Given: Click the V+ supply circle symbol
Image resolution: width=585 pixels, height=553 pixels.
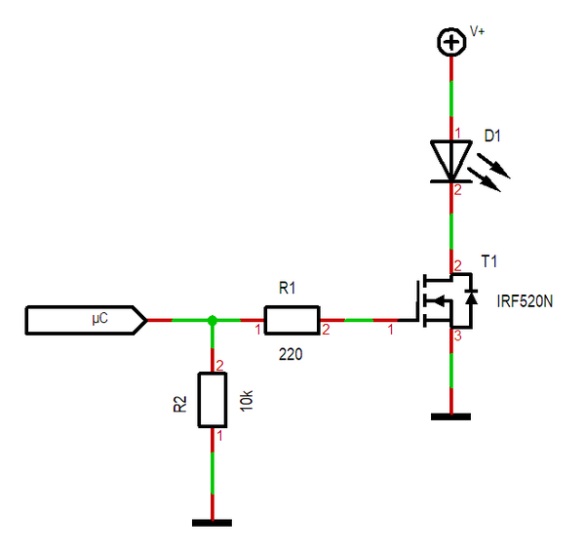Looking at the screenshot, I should [x=450, y=42].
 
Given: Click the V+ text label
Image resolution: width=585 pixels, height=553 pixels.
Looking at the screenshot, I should [x=478, y=31].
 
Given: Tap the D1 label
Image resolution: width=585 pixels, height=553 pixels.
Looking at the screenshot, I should [x=492, y=137].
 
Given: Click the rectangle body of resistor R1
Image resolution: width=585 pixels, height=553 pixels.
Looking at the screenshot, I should [x=291, y=320].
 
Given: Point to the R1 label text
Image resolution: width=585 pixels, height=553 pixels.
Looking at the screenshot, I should [x=287, y=289].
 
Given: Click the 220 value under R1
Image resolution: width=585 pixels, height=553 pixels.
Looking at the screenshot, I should [x=290, y=355].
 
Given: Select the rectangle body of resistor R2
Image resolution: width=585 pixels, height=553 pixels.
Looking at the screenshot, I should [x=213, y=399].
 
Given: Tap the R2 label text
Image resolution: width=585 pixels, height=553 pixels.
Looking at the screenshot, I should [x=179, y=404].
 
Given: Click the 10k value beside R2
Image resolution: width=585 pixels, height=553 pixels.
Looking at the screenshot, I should [x=248, y=400].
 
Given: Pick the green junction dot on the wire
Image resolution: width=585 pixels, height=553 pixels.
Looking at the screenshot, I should [x=213, y=320].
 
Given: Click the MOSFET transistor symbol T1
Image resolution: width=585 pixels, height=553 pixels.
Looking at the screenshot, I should [x=448, y=301].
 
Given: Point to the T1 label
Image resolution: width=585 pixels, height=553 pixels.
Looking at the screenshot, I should [x=489, y=261].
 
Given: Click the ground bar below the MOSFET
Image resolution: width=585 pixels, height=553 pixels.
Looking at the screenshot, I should [x=450, y=416].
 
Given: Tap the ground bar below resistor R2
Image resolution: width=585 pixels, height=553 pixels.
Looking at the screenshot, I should [x=213, y=522].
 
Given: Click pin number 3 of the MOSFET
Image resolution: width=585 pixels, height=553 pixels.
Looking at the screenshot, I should [x=456, y=336].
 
